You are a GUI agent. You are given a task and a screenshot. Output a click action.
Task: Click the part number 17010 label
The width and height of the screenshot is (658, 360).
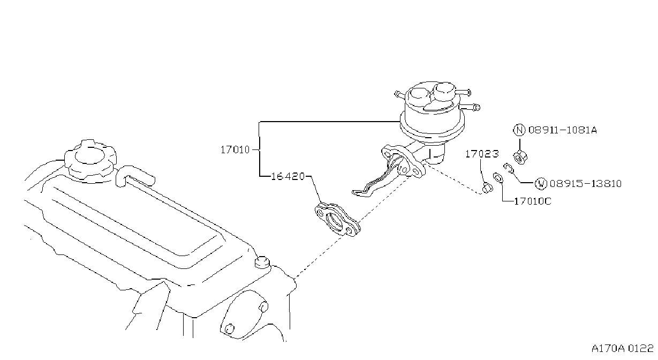[x=235, y=150]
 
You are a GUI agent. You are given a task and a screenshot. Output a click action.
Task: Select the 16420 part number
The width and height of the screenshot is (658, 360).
[x=288, y=176]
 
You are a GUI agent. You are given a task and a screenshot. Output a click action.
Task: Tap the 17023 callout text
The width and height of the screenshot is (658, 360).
[x=482, y=154]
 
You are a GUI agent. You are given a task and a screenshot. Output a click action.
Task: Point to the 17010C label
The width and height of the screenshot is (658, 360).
[x=533, y=201]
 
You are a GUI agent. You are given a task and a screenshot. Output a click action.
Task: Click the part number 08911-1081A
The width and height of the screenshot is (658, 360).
[x=563, y=130]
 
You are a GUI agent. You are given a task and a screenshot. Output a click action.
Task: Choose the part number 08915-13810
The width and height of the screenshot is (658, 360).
[x=585, y=184]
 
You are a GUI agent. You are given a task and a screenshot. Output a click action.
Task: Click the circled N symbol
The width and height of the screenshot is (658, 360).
[x=519, y=130]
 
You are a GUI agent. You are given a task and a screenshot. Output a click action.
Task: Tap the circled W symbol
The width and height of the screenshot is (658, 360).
[x=541, y=184]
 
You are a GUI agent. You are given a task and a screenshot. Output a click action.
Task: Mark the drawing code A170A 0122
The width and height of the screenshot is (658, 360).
[x=622, y=348]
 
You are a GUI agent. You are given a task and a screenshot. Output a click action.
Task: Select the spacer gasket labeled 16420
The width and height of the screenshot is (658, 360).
[x=338, y=220]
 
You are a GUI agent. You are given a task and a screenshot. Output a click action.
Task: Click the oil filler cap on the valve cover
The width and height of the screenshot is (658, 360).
[x=90, y=161]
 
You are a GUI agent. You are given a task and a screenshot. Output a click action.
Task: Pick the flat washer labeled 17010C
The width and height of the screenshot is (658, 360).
[x=497, y=178]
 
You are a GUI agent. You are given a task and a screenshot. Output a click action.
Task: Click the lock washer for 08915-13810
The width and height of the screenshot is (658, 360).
[x=508, y=168]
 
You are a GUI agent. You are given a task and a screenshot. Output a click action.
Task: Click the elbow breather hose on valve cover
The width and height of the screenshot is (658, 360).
[x=134, y=176]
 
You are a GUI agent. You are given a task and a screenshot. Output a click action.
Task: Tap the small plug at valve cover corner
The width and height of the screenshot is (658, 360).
[x=262, y=262]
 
